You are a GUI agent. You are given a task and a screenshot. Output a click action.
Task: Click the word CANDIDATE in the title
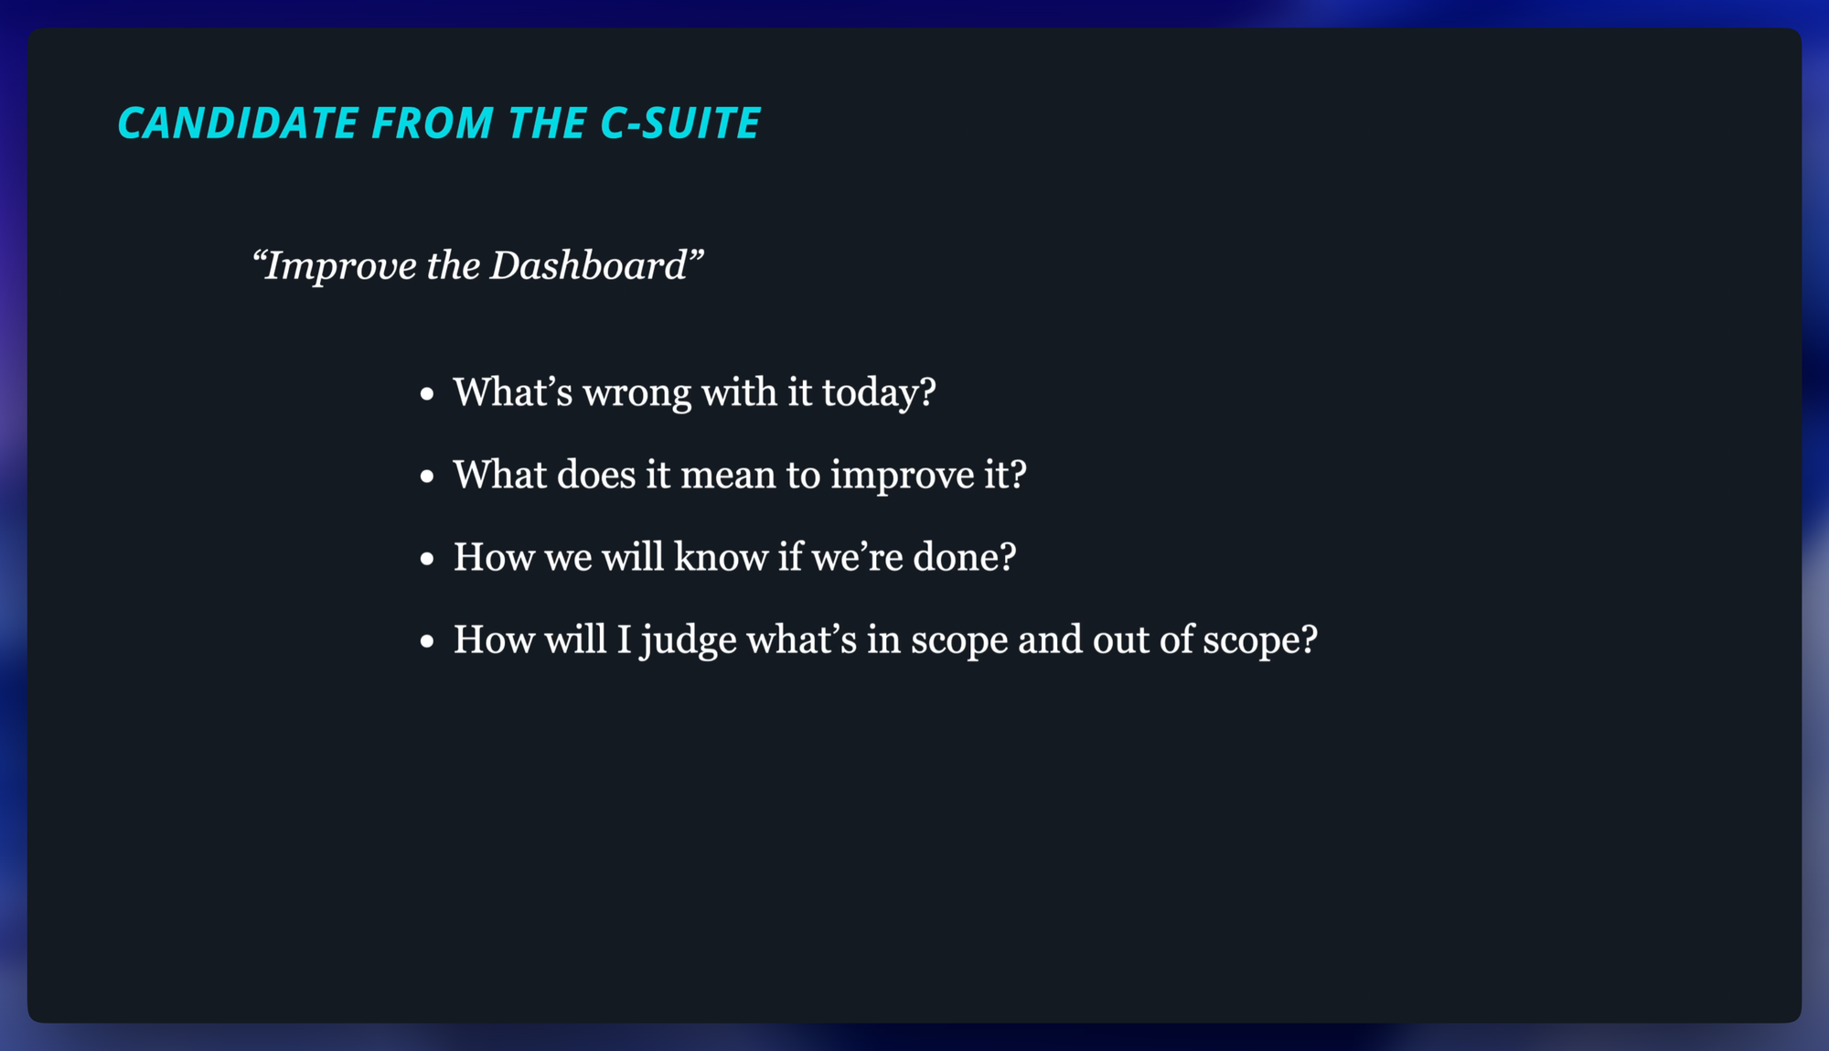click(238, 123)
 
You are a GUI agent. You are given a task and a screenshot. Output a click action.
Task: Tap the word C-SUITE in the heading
click(679, 123)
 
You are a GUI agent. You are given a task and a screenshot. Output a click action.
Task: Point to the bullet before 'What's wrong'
click(427, 395)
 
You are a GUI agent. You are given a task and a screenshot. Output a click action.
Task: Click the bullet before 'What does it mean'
click(427, 477)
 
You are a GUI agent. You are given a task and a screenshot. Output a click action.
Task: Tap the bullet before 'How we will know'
click(427, 560)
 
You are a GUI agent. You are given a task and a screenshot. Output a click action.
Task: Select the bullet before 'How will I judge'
click(427, 642)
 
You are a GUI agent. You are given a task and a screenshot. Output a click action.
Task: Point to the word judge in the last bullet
click(689, 641)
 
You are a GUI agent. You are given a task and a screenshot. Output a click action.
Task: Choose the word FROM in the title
click(433, 123)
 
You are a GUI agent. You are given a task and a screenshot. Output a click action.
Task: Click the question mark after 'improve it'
click(1019, 475)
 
